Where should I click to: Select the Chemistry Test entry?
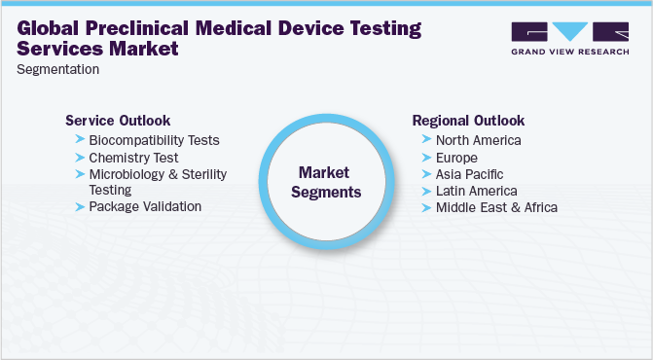133,157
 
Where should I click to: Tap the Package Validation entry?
145,206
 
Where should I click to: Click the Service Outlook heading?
118,121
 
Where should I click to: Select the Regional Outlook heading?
468,121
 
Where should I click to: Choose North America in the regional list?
478,140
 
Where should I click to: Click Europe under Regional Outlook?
457,157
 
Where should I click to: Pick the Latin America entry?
476,191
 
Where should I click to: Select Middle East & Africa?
496,207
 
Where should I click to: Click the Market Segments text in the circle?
329,182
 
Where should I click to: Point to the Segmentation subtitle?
57,69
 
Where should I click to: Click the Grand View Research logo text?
568,53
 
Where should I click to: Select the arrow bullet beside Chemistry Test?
79,157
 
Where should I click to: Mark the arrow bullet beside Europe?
426,157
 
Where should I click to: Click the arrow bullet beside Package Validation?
79,206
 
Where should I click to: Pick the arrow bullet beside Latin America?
426,191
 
